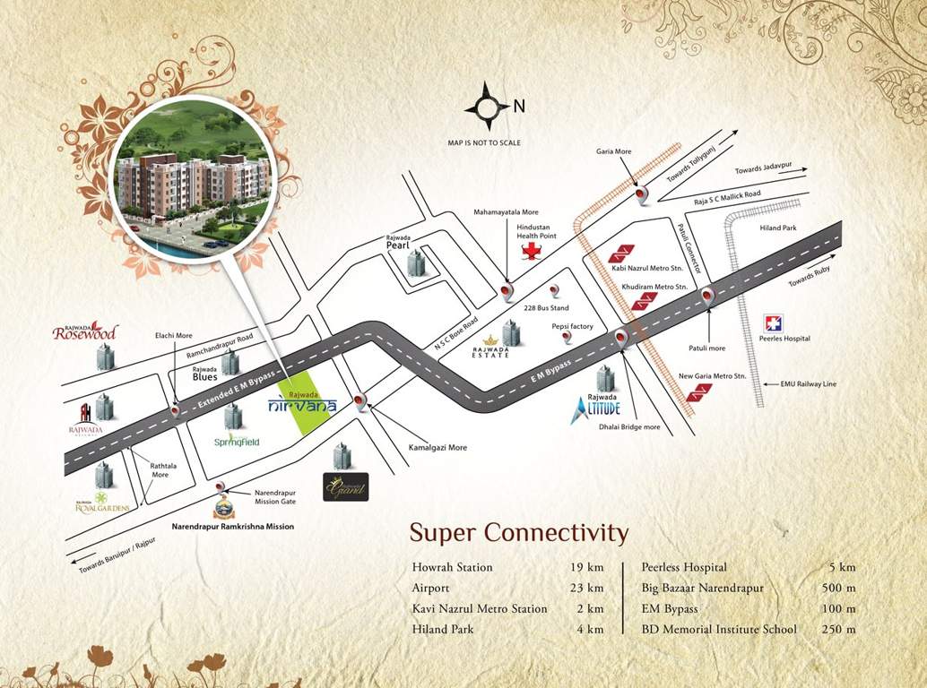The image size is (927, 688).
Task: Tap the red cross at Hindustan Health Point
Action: pyautogui.click(x=532, y=250)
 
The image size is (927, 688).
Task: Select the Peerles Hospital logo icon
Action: pyautogui.click(x=773, y=323)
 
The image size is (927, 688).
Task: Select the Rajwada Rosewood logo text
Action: pyautogui.click(x=85, y=332)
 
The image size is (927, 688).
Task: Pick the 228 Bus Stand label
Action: pyautogui.click(x=541, y=307)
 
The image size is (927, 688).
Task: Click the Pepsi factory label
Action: pyautogui.click(x=573, y=327)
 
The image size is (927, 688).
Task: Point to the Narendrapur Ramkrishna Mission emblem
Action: pyautogui.click(x=224, y=509)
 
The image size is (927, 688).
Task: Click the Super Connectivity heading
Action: pyautogui.click(x=519, y=533)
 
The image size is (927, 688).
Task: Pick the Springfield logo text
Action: pyautogui.click(x=238, y=442)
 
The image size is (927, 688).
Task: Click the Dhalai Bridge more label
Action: pyautogui.click(x=629, y=427)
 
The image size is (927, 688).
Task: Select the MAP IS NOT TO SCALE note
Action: pyautogui.click(x=483, y=142)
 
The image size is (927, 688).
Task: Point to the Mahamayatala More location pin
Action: pyautogui.click(x=507, y=291)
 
